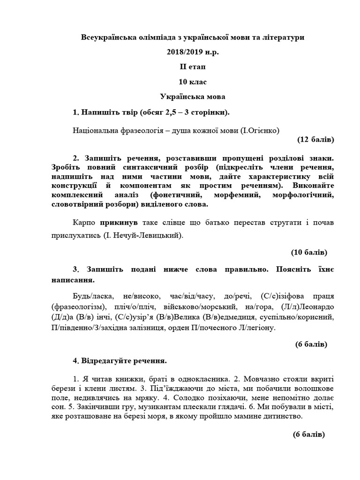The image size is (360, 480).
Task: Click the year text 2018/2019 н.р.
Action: click(192, 52)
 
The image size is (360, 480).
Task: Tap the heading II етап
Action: click(192, 67)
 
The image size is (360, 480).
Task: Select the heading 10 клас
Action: click(192, 82)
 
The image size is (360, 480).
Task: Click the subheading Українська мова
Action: click(192, 97)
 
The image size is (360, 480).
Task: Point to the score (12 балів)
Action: click(315, 140)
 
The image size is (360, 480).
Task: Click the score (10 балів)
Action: click(309, 252)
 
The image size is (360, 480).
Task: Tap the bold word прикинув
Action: click(116, 222)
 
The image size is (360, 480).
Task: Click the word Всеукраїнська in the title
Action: click(109, 37)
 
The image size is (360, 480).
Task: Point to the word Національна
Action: click(96, 129)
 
